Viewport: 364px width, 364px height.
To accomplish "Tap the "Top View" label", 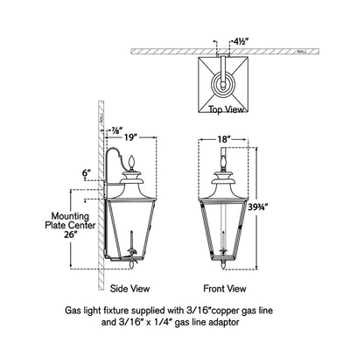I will point(225,111).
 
